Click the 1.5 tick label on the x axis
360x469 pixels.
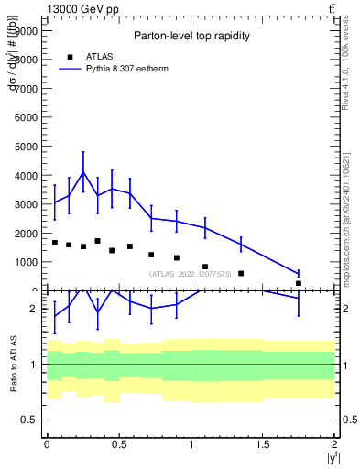coord(263,443)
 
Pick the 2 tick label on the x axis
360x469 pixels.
coord(335,443)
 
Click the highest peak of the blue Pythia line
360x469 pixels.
coord(83,172)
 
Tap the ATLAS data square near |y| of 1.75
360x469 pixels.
coord(299,283)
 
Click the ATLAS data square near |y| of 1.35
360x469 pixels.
coord(241,273)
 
